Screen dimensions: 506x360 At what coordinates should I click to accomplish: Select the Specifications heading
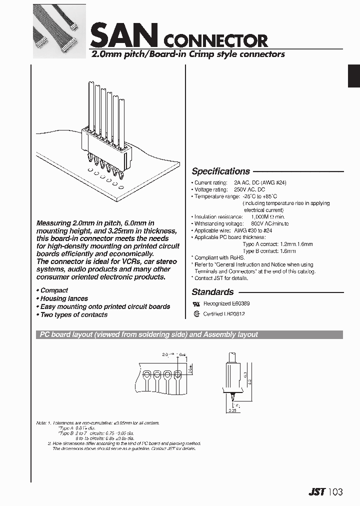point(220,171)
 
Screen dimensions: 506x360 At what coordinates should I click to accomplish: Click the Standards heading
point(212,292)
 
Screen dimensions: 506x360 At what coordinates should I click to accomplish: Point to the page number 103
point(335,492)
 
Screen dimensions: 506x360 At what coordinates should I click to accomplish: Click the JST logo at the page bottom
point(315,492)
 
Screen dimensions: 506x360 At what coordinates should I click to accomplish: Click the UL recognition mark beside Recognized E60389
point(196,304)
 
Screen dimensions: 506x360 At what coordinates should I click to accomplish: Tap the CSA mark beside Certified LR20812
point(196,314)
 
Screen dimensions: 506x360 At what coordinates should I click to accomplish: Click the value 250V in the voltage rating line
point(240,190)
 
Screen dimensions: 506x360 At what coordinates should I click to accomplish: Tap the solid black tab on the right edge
point(353,76)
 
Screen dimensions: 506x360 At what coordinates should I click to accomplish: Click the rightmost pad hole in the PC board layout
point(178,374)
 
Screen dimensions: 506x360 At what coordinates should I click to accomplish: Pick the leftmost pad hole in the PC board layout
point(147,374)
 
